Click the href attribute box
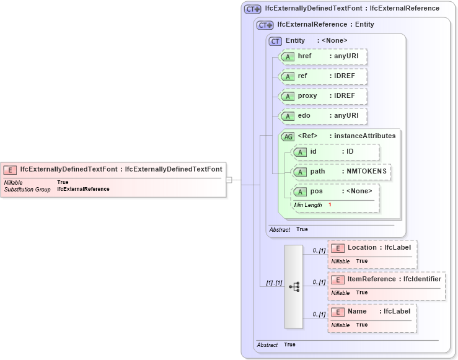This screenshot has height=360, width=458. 323,57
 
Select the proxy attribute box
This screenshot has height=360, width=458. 323,96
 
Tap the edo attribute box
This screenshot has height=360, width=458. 323,116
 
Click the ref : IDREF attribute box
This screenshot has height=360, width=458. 323,76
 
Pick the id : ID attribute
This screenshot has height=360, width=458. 335,152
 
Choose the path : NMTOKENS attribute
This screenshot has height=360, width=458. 341,172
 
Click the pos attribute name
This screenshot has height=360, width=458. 316,191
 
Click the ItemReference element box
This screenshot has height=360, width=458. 386,286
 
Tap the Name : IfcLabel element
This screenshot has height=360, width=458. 372,318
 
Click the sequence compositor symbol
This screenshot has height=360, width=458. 294,286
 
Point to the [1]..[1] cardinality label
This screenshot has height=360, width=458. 274,283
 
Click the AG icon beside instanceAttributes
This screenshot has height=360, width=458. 288,136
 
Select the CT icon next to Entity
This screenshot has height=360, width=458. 275,41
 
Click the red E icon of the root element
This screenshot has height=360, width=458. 11,169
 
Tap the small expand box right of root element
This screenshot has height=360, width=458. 229,180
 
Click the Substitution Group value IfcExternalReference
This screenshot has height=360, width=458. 83,189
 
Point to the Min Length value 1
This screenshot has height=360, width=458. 330,204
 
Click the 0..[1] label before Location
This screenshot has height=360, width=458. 319,250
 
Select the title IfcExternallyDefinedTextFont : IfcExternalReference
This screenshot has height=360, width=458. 351,9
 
